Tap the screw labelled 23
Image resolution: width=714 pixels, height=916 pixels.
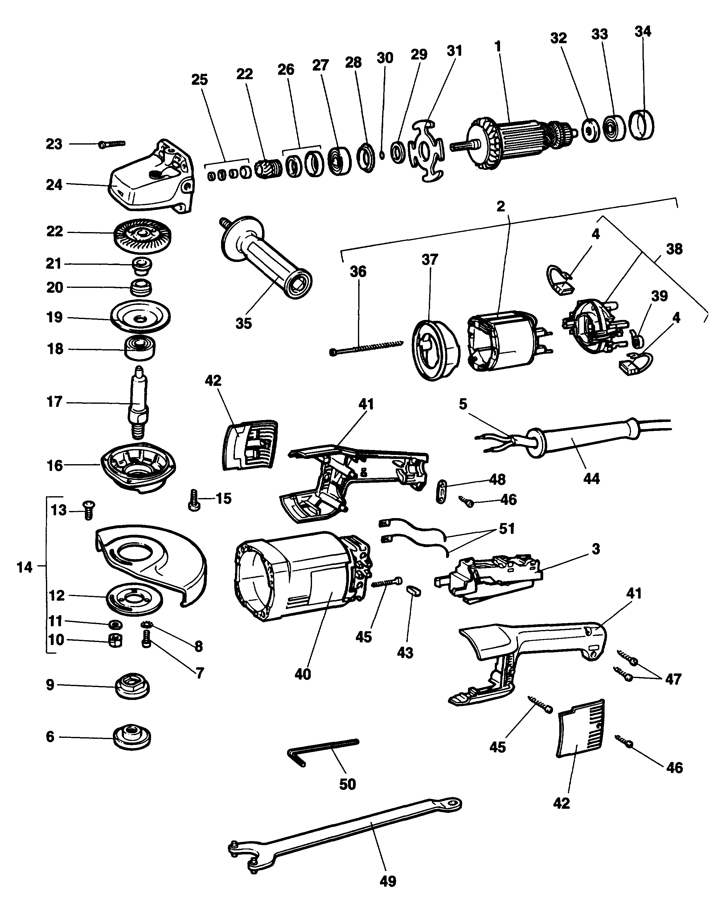click(x=113, y=144)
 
